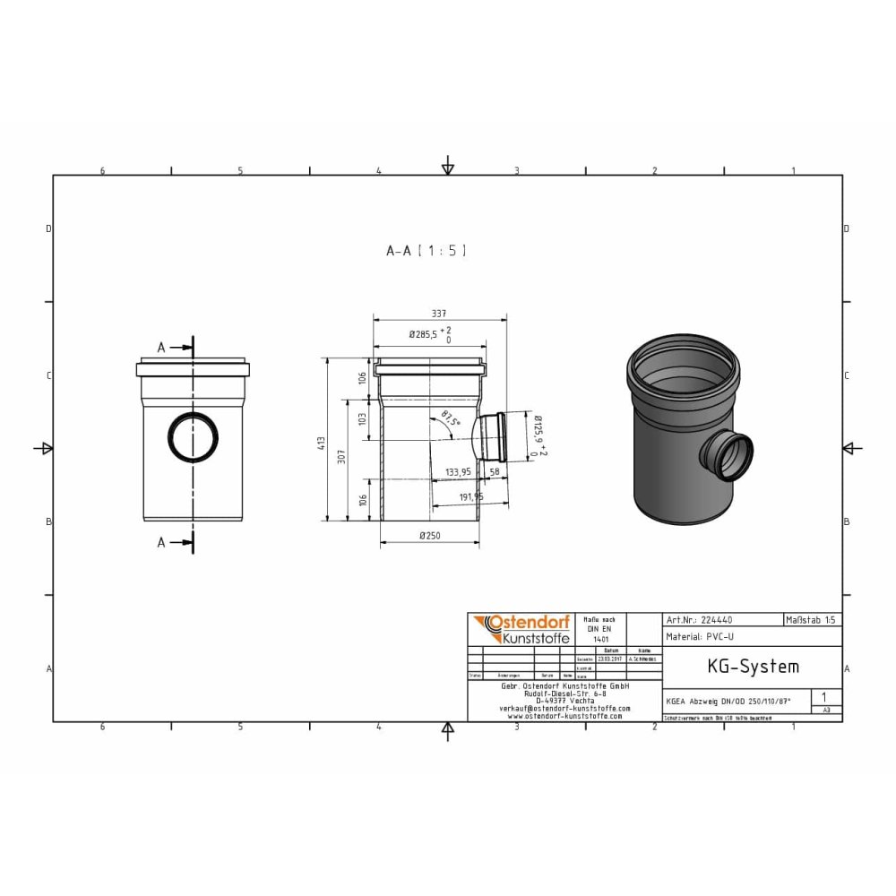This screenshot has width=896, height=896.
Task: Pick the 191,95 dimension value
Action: click(x=466, y=496)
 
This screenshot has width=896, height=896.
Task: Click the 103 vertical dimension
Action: click(x=363, y=418)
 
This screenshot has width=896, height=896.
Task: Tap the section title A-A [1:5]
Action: click(x=426, y=252)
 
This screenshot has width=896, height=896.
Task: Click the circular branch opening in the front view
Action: click(x=193, y=437)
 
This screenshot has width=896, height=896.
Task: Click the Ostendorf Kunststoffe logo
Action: click(x=521, y=629)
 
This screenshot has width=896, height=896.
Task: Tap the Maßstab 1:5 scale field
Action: click(x=812, y=619)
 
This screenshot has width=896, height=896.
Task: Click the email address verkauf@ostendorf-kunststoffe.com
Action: click(x=564, y=708)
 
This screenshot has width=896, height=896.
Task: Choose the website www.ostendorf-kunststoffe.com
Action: click(x=564, y=716)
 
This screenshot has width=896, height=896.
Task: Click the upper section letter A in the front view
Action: click(x=161, y=348)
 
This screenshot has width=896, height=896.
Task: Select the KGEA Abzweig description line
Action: click(x=729, y=702)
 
